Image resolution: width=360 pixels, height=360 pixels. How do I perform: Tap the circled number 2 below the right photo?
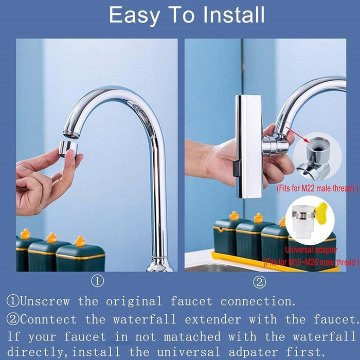click(x=260, y=282)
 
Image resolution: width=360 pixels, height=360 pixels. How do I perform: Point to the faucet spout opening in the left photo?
click(x=71, y=135)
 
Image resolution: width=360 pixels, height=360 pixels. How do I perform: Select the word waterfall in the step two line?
click(x=145, y=319)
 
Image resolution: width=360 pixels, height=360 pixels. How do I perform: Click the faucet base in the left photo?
click(x=159, y=265)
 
